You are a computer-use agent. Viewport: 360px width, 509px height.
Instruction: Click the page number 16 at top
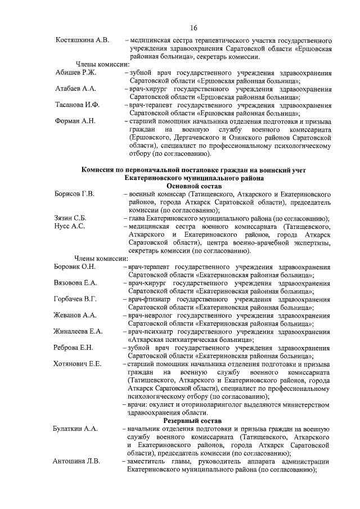[x=193, y=28]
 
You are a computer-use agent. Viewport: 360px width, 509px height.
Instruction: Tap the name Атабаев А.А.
[x=76, y=89]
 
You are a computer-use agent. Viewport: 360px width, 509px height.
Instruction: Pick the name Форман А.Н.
[x=75, y=121]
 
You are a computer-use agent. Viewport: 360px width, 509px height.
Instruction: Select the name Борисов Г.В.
[x=74, y=194]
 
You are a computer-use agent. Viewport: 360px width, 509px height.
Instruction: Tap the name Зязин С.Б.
[x=70, y=218]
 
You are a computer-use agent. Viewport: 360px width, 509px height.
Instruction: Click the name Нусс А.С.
[x=69, y=226]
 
